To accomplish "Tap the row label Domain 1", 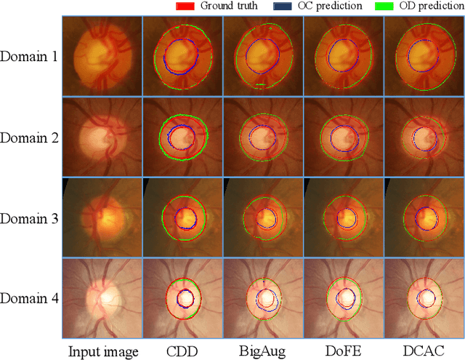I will (29, 56).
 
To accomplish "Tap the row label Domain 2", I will (29, 137).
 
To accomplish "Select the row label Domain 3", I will (29, 217).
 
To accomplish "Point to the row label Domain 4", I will (29, 297).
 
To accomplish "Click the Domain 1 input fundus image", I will (101, 56).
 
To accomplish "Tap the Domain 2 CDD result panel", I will (182, 137).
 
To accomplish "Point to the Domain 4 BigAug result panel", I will (262, 298).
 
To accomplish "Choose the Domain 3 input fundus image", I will (101, 217).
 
